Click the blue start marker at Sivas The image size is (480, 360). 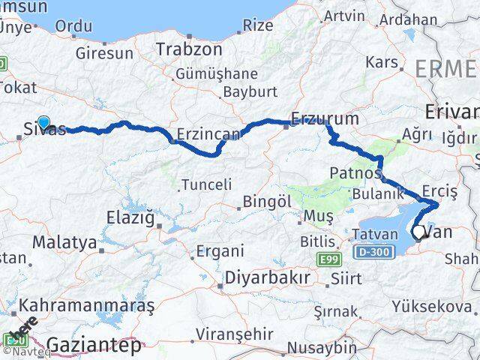tap(43, 123)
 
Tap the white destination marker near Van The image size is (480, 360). tap(418, 232)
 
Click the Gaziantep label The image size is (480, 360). tap(94, 346)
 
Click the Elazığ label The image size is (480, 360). tap(134, 220)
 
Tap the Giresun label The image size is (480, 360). tap(104, 53)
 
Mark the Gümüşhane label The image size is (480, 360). tap(217, 73)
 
